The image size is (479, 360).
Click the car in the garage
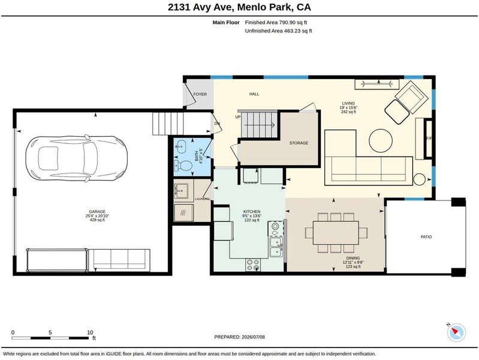click(76, 158)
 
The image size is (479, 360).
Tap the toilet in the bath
click(183, 166)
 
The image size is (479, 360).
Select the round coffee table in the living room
click(381, 140)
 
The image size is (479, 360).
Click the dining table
click(336, 232)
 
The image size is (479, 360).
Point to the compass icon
click(456, 332)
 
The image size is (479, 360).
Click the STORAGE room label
click(299, 143)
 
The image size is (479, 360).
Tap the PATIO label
click(426, 237)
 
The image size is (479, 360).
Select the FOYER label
click(200, 94)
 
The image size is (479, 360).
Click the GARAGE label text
click(97, 211)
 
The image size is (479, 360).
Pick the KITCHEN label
click(252, 211)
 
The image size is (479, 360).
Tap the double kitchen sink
click(276, 247)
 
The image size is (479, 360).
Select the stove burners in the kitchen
click(253, 265)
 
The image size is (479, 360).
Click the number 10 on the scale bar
click(90, 332)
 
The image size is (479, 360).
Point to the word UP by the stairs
click(238, 117)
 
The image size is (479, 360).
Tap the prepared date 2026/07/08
click(253, 337)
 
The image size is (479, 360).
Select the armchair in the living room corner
click(411, 97)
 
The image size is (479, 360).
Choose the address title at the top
click(239, 7)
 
